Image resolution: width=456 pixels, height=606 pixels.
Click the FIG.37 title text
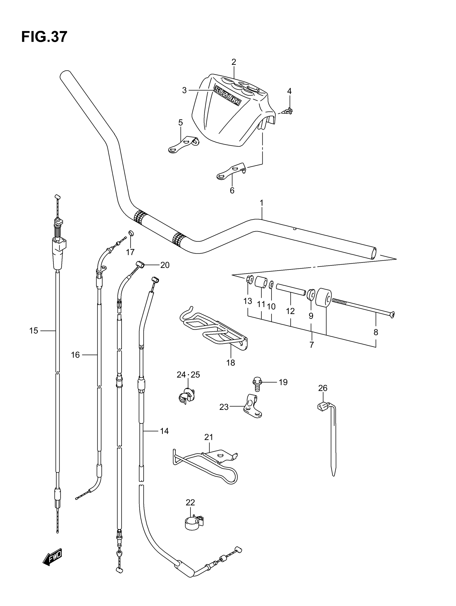pos(44,37)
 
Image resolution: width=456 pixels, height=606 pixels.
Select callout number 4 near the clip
pos(289,91)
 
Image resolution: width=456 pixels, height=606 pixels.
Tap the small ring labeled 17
pos(131,233)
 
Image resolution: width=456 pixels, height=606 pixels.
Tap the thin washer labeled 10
pos(271,285)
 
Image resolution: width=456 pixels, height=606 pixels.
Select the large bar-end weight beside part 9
pos(324,297)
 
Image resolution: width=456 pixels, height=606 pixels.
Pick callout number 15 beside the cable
pos(34,331)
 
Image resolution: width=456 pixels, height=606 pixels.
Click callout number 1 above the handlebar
pos(262,203)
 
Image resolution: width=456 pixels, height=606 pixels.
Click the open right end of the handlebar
pos(373,253)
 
